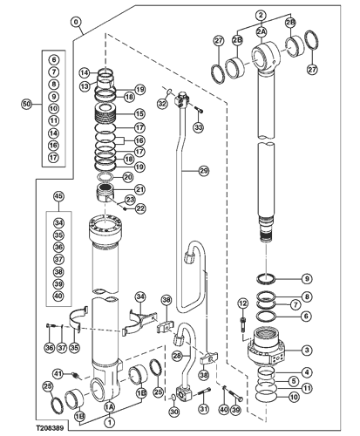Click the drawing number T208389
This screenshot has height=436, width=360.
(50, 428)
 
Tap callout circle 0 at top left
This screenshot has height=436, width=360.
(77, 23)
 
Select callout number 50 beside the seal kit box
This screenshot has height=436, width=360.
(26, 104)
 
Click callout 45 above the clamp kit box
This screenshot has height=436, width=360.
(58, 196)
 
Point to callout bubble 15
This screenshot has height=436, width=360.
(139, 113)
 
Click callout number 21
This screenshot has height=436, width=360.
(140, 189)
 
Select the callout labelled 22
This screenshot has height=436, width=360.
(140, 208)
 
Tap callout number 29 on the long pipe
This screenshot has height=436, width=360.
(203, 170)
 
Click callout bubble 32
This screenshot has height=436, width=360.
(162, 103)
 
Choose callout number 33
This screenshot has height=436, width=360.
(199, 127)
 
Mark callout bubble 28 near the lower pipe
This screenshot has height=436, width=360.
(177, 356)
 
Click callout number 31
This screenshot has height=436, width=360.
(204, 410)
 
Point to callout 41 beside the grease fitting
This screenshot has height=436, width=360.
(58, 373)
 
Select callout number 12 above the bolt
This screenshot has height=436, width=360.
(243, 304)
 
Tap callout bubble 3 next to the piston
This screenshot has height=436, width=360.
(307, 351)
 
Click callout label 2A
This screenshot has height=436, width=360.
(262, 31)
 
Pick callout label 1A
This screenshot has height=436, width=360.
(110, 406)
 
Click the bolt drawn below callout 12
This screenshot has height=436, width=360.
(242, 324)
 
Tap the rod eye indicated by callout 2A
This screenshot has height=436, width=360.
(266, 58)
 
